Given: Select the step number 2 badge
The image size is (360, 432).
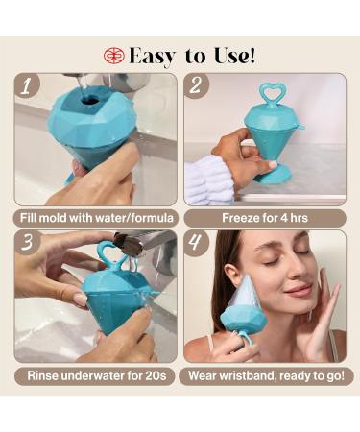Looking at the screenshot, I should coord(198,86).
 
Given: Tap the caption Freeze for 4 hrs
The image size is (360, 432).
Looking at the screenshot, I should coord(265,216).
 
